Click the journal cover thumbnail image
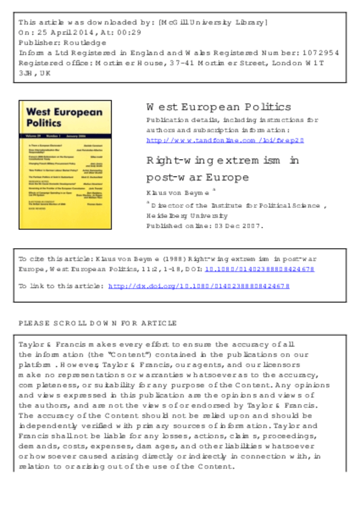[x=60, y=164]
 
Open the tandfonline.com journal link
[x=225, y=140]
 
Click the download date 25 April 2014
[x=63, y=33]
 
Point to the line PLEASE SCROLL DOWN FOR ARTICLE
[x=98, y=323]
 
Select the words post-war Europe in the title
[x=199, y=177]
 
